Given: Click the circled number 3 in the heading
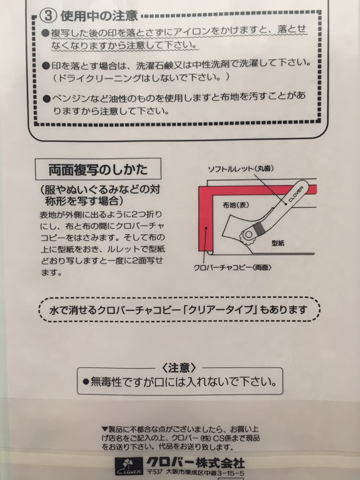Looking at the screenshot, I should (x=50, y=16).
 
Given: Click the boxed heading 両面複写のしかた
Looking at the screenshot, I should (x=98, y=169).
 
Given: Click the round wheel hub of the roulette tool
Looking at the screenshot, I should (x=249, y=234).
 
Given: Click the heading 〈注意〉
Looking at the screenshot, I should (x=180, y=368).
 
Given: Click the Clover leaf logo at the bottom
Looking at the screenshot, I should (x=125, y=465).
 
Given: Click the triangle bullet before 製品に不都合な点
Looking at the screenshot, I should (x=105, y=429).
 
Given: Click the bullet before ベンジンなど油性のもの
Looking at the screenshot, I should (x=47, y=98).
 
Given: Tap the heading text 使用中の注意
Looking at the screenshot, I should (x=99, y=16).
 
